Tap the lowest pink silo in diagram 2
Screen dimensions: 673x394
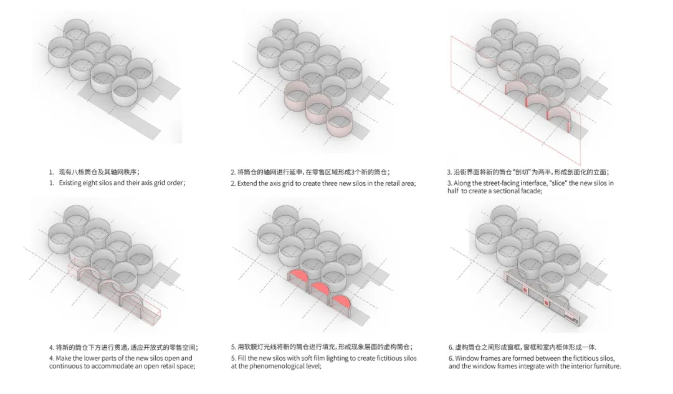click(x=340, y=122)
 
